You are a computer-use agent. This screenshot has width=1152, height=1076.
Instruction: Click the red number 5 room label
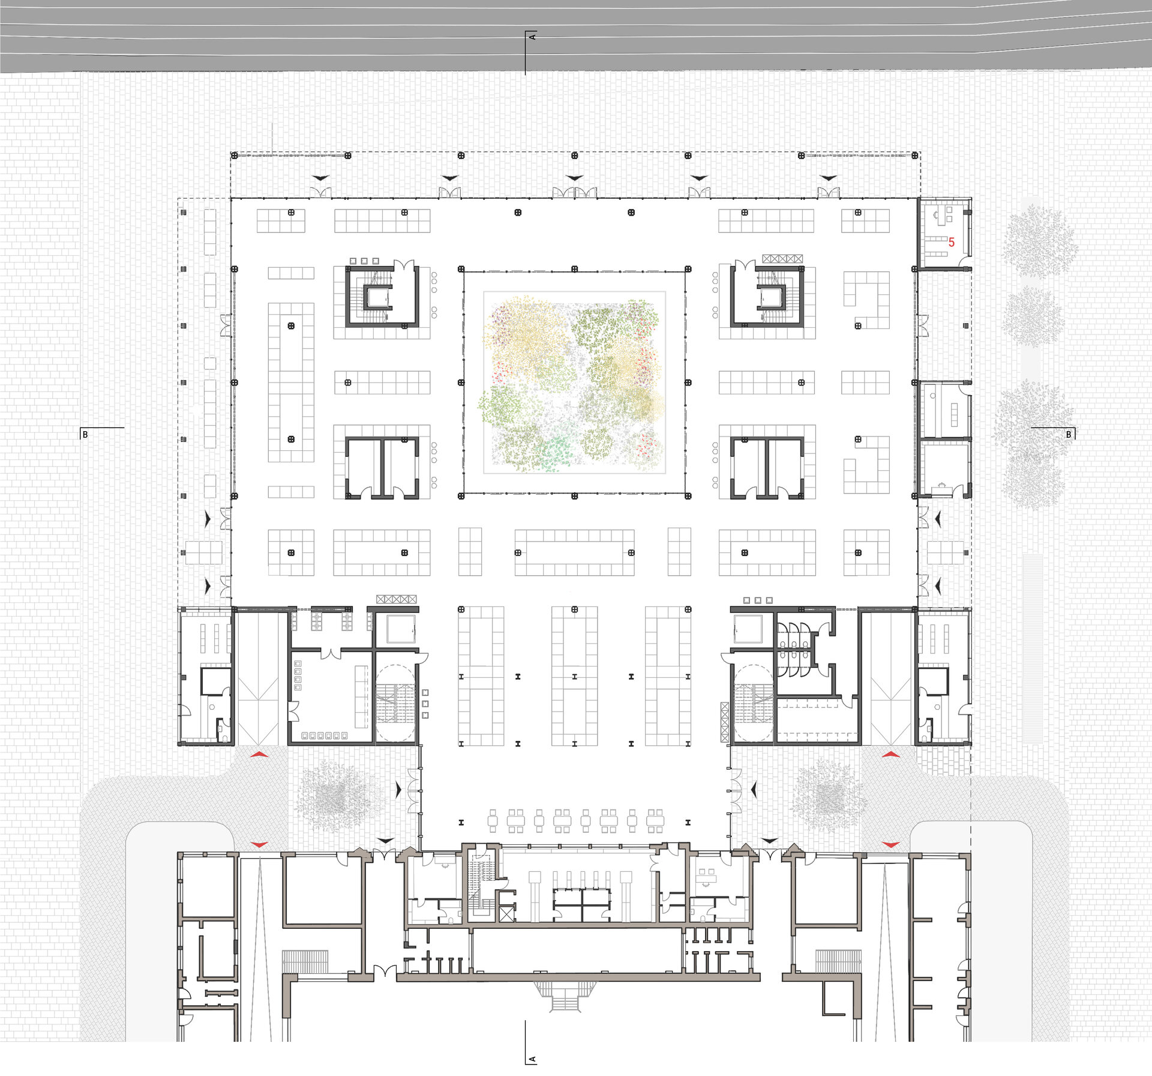[x=951, y=243]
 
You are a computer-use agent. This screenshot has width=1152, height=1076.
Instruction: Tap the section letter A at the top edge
[x=532, y=37]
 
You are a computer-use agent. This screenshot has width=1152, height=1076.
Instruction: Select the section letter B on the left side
[x=85, y=434]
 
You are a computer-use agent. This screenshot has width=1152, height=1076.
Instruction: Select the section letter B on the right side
[x=1068, y=434]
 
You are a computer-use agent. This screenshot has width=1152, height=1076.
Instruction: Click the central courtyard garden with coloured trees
[x=574, y=382]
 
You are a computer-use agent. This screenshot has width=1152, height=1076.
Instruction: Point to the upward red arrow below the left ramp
[x=259, y=754]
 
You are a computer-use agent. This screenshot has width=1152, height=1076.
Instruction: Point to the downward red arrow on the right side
[x=891, y=845]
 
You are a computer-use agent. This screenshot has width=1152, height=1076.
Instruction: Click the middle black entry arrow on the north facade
[x=574, y=178]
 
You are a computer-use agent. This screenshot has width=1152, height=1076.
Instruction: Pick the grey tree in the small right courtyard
[x=830, y=796]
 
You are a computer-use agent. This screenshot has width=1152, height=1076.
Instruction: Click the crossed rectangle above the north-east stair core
[x=782, y=259]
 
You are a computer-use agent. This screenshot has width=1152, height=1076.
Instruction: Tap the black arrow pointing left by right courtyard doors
[x=754, y=789]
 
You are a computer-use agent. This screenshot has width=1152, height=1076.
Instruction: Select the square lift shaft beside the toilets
[x=748, y=628]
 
